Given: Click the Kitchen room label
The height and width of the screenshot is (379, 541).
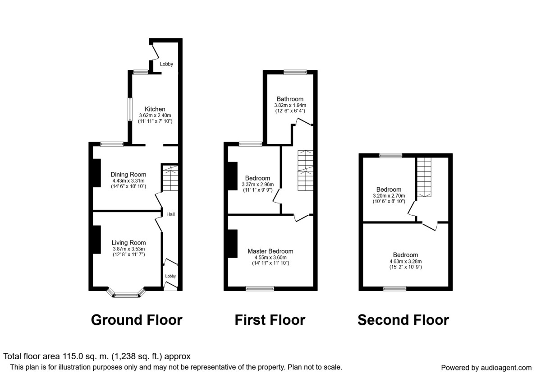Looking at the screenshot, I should point(155,109).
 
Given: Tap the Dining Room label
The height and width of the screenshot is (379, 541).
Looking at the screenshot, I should point(129,175).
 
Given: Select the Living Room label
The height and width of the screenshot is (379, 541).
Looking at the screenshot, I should point(129,243).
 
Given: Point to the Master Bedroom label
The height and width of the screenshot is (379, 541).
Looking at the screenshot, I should point(270,251).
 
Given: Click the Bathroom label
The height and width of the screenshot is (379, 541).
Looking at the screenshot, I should point(290,99).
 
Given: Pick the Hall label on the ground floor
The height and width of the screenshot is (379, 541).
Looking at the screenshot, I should point(170,214).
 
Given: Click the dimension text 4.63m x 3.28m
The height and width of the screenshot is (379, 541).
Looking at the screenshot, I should point(405,261).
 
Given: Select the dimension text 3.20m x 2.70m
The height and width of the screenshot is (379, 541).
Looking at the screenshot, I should point(389,195).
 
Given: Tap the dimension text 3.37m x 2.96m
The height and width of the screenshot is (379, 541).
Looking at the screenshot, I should point(257,184).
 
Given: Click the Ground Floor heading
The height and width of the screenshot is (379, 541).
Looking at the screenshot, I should point(137,320).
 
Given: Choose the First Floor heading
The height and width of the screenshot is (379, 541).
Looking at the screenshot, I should point(270,320).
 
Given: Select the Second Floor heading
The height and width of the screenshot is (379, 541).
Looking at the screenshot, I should point(403,320).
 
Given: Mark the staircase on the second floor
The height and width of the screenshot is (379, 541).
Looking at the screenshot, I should point(424,177).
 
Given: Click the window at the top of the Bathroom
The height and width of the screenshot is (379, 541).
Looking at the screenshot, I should point(295,72).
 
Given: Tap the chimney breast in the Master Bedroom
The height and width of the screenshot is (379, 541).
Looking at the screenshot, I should point(233,244).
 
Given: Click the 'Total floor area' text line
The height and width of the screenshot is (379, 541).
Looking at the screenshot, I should point(97,356).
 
